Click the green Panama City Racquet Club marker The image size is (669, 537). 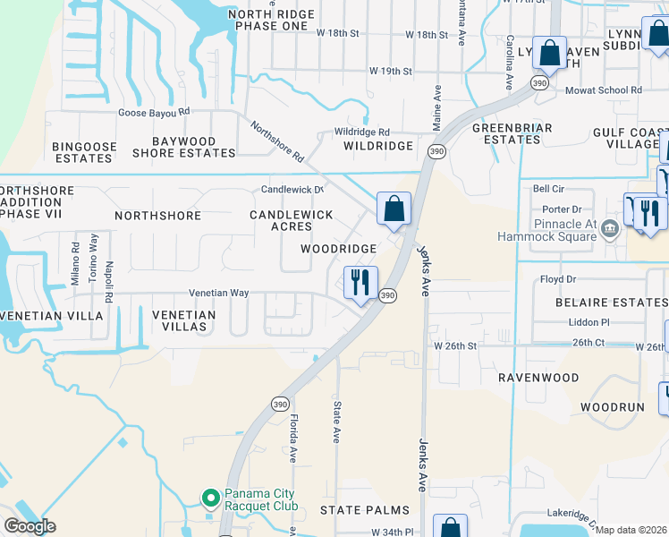pyautogui.click(x=210, y=497)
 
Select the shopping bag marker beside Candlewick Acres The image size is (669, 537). pyautogui.click(x=394, y=210)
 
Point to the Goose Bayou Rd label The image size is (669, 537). pyautogui.click(x=155, y=112)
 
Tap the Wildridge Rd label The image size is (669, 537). pyautogui.click(x=362, y=132)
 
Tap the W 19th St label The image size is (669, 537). pyautogui.click(x=391, y=71)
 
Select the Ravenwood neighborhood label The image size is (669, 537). pyautogui.click(x=538, y=378)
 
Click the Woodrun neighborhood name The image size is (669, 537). pyautogui.click(x=612, y=406)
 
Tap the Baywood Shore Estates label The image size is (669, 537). pyautogui.click(x=184, y=147)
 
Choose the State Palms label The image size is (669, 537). pyautogui.click(x=364, y=509)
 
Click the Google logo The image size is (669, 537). pyautogui.click(x=29, y=526)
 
